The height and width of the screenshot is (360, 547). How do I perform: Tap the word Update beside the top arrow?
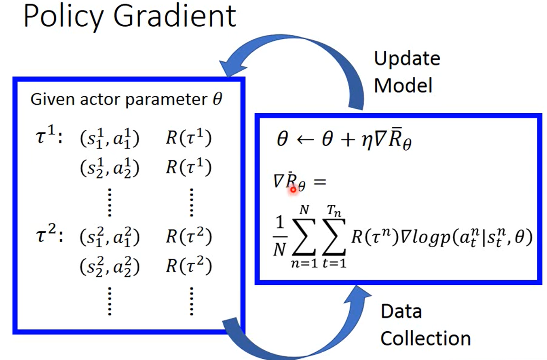(407, 59)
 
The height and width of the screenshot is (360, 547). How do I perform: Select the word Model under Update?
(403, 85)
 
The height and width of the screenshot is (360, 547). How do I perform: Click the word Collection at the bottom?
(425, 338)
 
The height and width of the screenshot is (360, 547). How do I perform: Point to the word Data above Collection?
(401, 312)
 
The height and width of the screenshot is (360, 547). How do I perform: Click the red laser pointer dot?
(293, 189)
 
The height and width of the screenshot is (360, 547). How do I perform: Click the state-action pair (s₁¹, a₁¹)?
(109, 139)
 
